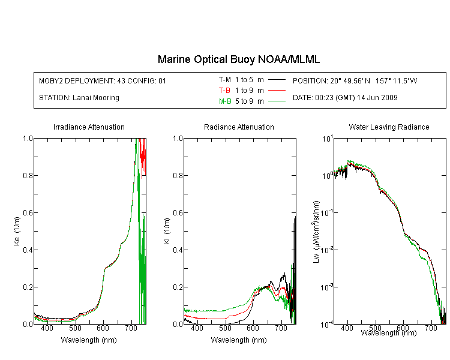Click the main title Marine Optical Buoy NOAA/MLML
point(238,59)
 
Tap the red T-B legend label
point(224,91)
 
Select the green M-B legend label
point(225,101)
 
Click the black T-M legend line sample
point(277,80)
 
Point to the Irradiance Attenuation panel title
point(89,127)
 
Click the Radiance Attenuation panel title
point(239,127)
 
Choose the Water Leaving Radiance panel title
point(389,127)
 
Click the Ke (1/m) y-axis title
point(17,231)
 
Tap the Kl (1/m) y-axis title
point(167,231)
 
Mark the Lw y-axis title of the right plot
point(316,232)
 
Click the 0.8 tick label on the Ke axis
point(28,175)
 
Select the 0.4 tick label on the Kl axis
point(178,250)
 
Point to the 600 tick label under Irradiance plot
point(103,328)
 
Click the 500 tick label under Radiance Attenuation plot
point(225,328)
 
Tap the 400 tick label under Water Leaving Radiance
point(347,328)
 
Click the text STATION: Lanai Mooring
point(79,98)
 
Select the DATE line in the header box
point(345,98)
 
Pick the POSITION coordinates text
point(355,80)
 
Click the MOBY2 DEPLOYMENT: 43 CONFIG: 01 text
point(103,80)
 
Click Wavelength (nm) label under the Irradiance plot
point(89,340)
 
